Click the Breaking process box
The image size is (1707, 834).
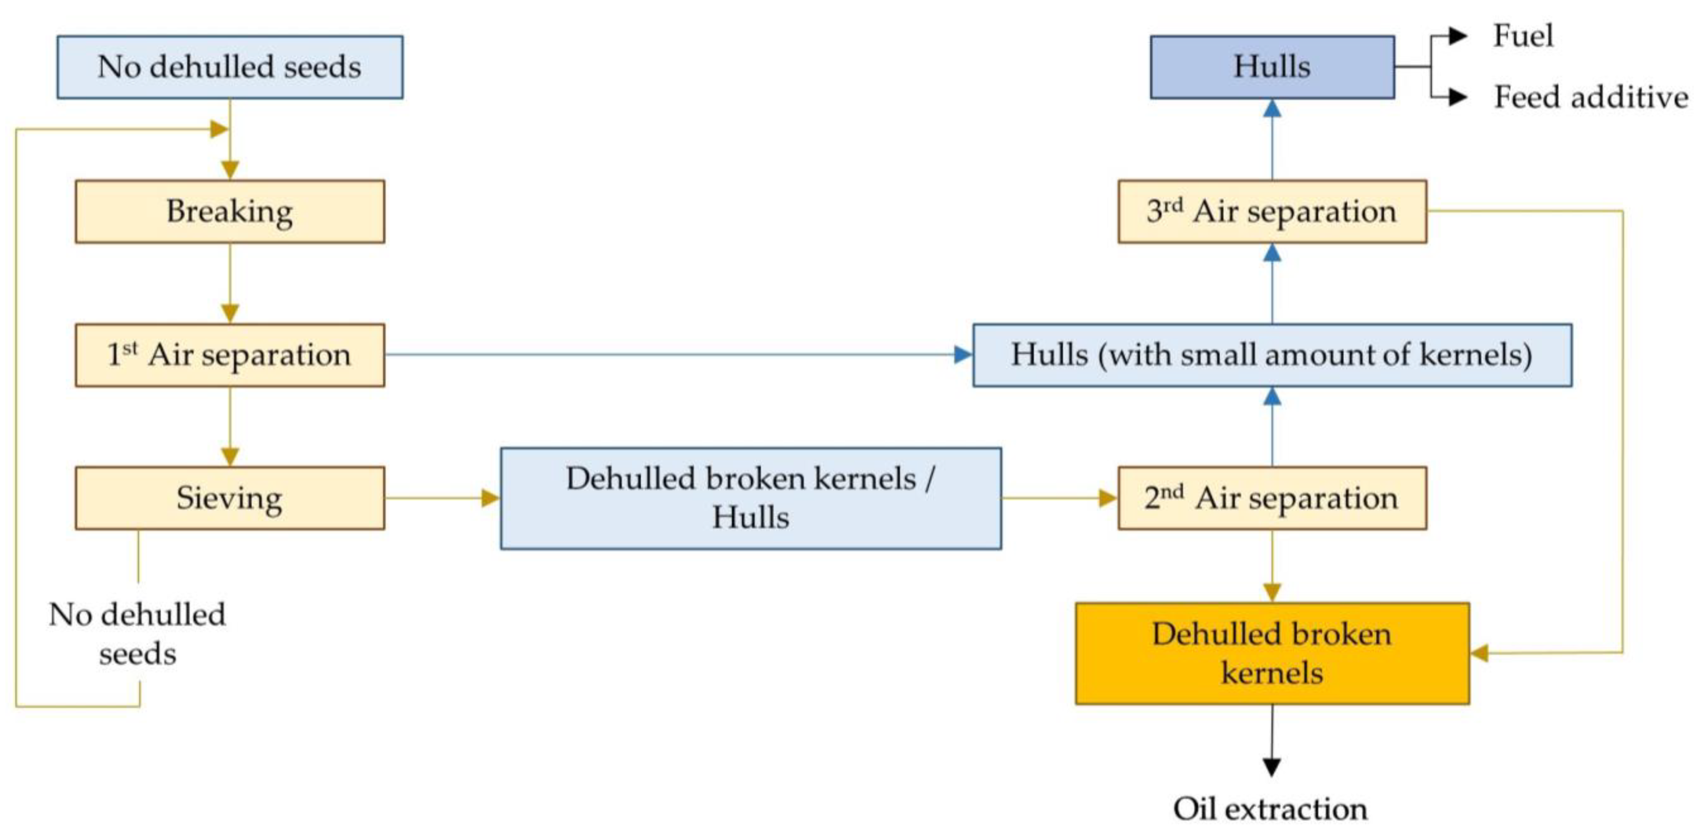click(x=229, y=211)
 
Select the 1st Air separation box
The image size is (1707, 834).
click(x=229, y=355)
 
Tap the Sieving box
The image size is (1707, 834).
click(x=229, y=498)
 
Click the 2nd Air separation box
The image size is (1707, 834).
click(x=1272, y=498)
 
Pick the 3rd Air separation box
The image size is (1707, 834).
click(x=1272, y=211)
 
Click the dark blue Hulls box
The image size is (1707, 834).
click(x=1272, y=67)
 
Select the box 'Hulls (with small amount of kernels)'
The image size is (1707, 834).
click(x=1272, y=355)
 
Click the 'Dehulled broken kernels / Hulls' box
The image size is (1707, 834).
click(x=750, y=498)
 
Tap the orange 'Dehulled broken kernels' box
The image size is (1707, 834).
click(x=1272, y=653)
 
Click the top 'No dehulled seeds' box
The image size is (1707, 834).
click(x=229, y=67)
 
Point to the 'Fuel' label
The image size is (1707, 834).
click(x=1522, y=36)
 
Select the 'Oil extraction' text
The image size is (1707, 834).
click(x=1270, y=809)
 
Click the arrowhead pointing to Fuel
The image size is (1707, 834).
click(x=1457, y=36)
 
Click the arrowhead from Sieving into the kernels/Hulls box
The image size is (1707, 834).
click(x=491, y=498)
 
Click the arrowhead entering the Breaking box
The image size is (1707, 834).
click(x=229, y=170)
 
